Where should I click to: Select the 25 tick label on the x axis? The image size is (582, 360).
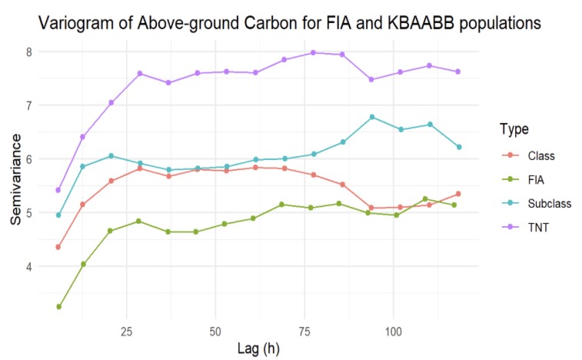[x=125, y=332]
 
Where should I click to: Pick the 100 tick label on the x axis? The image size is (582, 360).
[x=393, y=332]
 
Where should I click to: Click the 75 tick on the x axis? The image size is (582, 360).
[x=304, y=332]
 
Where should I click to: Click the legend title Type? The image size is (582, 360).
[x=512, y=128]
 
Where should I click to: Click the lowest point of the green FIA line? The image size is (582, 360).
[x=58, y=307]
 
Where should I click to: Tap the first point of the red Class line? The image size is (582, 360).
[x=58, y=247]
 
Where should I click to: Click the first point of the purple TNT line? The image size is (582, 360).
[x=58, y=189]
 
